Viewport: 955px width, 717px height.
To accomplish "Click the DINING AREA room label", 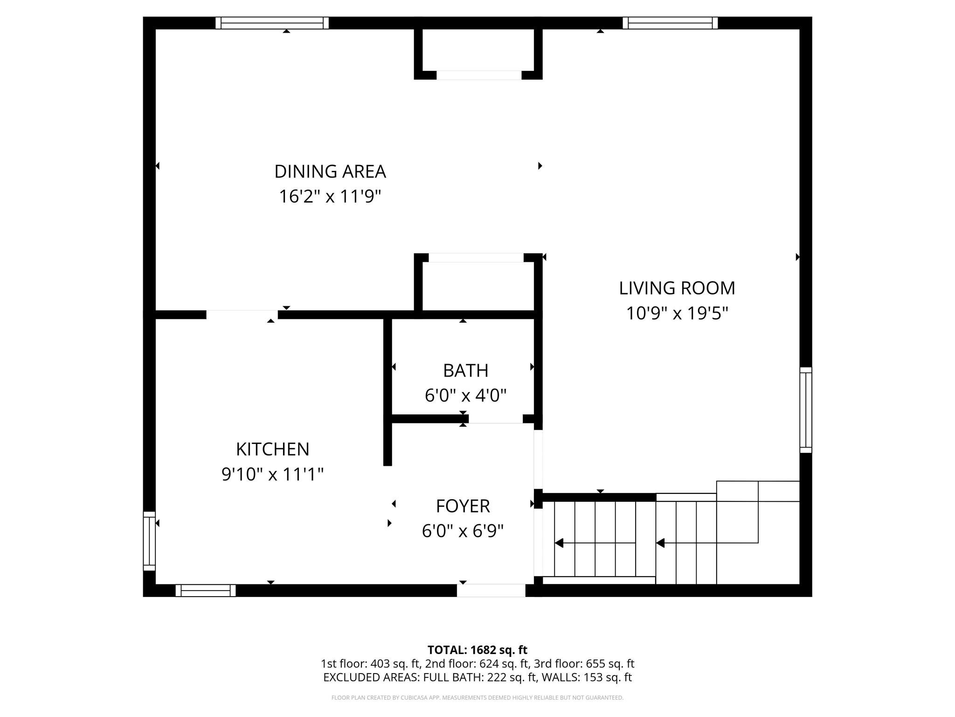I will coord(330,171).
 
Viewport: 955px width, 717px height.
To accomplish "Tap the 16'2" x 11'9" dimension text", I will coord(330,197).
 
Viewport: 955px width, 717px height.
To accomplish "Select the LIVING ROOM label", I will coord(677,288).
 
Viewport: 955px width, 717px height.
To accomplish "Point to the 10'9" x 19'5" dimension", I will coord(677,313).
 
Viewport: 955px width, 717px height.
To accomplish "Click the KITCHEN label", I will coord(272,449).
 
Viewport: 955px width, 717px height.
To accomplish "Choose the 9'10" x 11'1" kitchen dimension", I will coord(272,474).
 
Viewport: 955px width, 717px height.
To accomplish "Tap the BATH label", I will coord(465,371).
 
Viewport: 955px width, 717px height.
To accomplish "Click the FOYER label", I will coord(463,506).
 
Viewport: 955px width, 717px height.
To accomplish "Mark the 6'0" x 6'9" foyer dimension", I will coord(463,531).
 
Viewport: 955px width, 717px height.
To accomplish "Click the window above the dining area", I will coord(272,23).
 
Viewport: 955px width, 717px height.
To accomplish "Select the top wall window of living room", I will coord(670,23).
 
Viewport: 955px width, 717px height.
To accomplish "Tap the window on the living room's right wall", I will coord(805,410).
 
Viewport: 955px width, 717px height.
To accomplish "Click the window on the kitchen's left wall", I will coord(149,541).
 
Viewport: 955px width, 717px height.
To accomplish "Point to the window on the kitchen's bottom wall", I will coord(206,590).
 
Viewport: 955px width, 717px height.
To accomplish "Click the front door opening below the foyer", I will coord(491,590).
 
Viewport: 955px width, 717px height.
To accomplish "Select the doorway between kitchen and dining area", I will coord(242,315).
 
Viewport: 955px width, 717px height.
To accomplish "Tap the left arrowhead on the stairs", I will coord(559,543).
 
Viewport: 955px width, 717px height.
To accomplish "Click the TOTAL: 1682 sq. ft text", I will coord(477,650).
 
